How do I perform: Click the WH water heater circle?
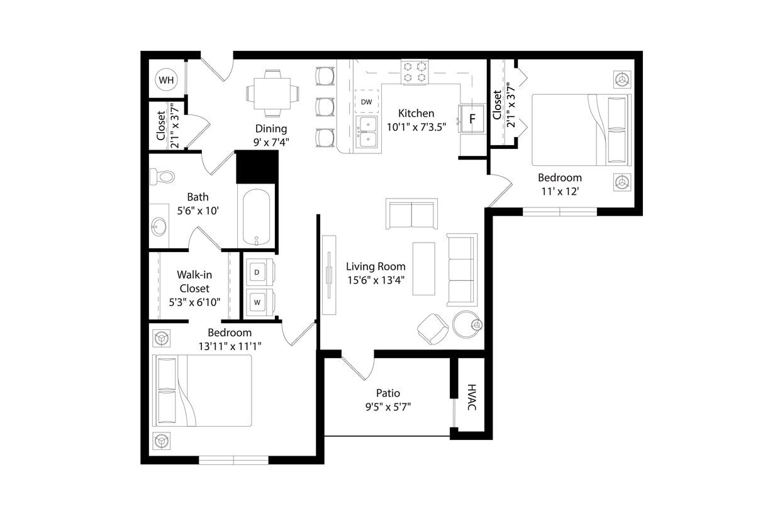(x=166, y=80)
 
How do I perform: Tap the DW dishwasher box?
(x=366, y=101)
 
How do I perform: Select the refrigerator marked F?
(x=472, y=118)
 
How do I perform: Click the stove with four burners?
(x=415, y=72)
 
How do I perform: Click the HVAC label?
(x=472, y=397)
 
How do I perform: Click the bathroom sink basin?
(x=159, y=226)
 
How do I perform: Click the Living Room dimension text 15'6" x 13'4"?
(x=376, y=280)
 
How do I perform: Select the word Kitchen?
(x=416, y=113)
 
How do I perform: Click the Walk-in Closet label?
(x=194, y=282)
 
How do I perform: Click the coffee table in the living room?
(x=423, y=268)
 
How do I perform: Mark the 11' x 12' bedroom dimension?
(x=559, y=191)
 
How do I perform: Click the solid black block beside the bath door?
(x=257, y=167)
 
